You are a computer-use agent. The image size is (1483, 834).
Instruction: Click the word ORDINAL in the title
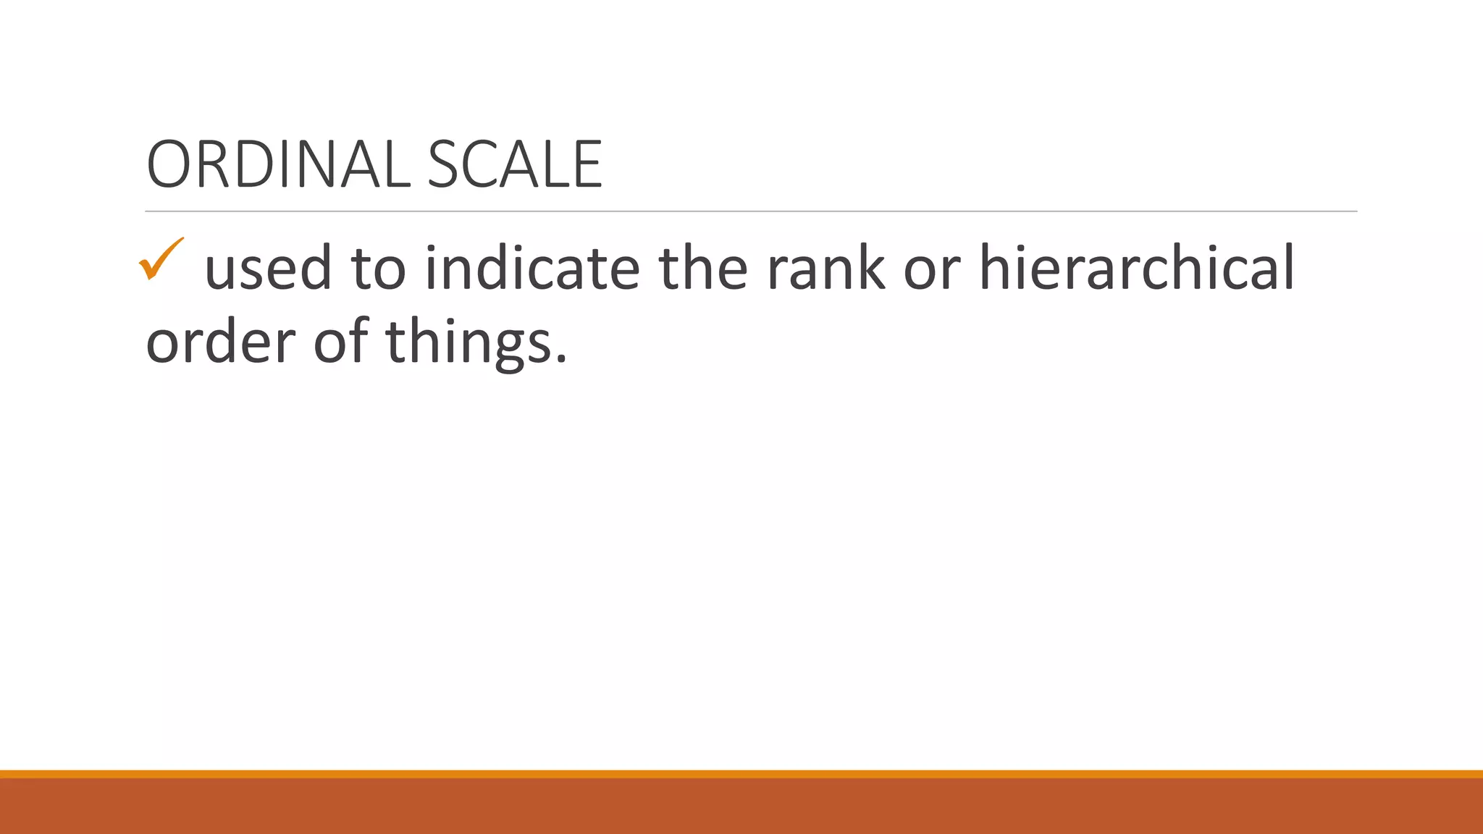(279, 165)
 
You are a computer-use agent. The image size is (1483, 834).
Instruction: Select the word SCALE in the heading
(514, 165)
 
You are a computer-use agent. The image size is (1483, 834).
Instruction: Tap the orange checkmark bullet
(160, 259)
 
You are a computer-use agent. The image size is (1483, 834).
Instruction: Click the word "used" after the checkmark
(268, 269)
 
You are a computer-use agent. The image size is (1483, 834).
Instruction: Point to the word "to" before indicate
(378, 269)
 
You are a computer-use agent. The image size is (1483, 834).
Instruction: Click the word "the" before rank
(702, 269)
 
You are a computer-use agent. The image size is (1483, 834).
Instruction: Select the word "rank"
(825, 269)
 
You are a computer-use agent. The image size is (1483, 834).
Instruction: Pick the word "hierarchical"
(1137, 269)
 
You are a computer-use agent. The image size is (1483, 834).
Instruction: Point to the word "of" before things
(340, 341)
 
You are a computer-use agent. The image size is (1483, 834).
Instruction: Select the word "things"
(467, 342)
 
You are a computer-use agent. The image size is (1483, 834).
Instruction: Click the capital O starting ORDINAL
(169, 165)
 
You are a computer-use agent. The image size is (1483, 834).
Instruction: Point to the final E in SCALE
(587, 165)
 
